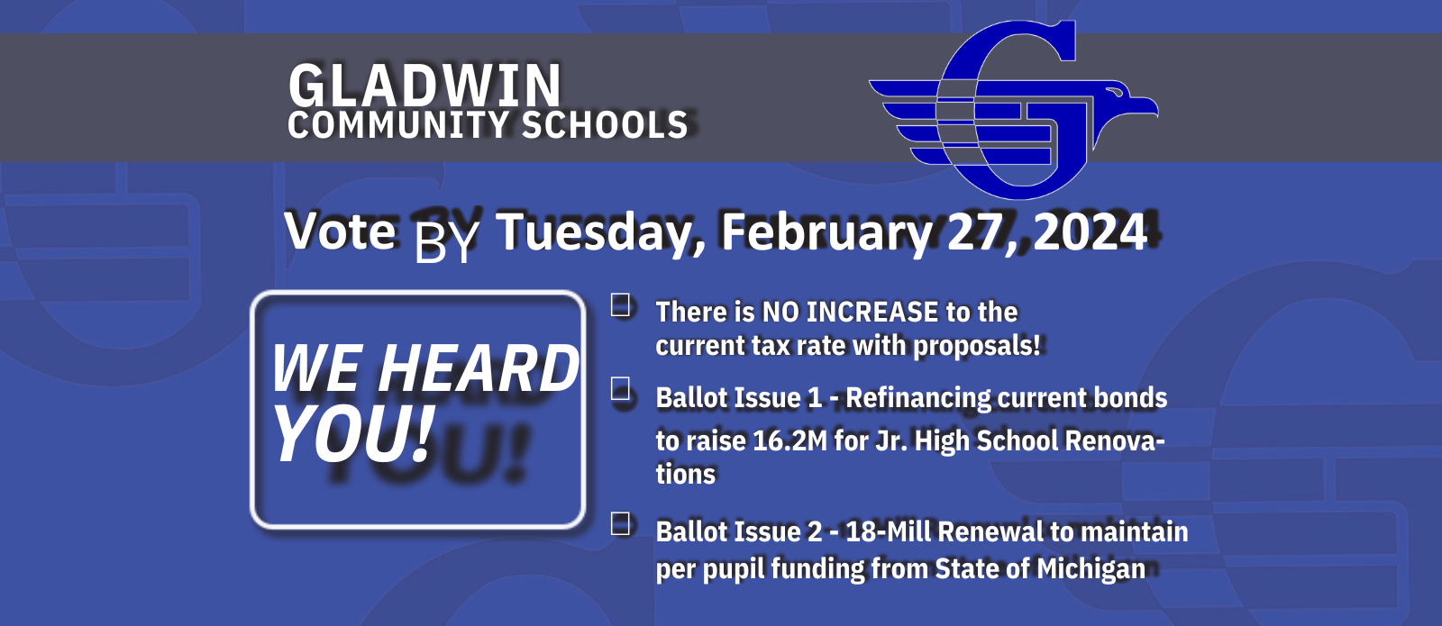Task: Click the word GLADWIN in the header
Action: [x=424, y=86]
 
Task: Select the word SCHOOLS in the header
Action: [x=605, y=125]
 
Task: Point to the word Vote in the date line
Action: [x=341, y=231]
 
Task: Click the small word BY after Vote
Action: [x=446, y=240]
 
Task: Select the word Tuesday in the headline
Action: [x=598, y=232]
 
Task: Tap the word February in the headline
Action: [x=826, y=232]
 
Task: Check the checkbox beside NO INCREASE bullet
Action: [x=622, y=305]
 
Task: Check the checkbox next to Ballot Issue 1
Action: [x=622, y=390]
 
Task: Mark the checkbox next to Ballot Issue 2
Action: [x=622, y=524]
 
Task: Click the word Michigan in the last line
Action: [x=1091, y=569]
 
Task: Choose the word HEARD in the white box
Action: [x=479, y=369]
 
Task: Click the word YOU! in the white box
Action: [x=353, y=434]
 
